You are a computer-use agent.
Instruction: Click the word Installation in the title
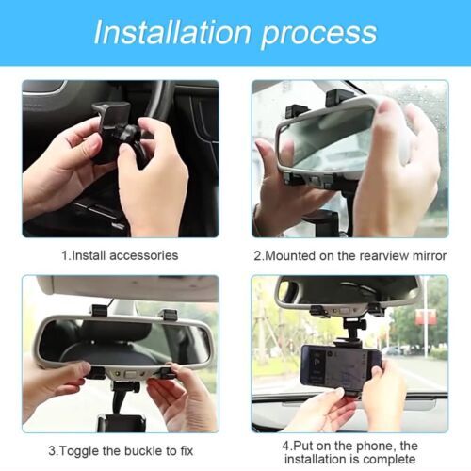point(172,32)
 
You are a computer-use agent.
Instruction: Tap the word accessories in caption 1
point(144,255)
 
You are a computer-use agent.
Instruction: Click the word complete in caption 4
point(390,460)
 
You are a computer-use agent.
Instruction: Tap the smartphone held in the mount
point(341,365)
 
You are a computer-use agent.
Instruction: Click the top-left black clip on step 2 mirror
point(296,111)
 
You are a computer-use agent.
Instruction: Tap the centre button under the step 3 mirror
point(131,374)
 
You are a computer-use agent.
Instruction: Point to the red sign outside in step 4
point(426,317)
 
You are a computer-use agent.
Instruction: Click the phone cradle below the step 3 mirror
point(122,423)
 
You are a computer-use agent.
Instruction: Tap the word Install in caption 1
point(89,255)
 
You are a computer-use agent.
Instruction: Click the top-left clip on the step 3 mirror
point(99,311)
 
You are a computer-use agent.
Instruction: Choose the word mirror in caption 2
point(430,255)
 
